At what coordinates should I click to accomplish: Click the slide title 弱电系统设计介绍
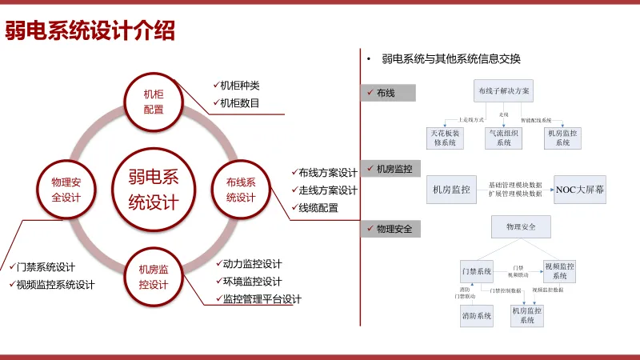point(90,31)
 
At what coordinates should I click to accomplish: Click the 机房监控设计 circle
point(153,277)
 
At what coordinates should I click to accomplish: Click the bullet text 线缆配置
point(318,208)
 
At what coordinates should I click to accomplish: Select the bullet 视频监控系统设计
point(55,285)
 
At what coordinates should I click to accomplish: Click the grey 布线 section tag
point(390,93)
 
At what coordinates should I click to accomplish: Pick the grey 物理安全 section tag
point(390,229)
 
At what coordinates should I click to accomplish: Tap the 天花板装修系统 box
point(445,137)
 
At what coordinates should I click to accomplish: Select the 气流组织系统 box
point(504,137)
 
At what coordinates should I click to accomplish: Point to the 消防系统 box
point(476,316)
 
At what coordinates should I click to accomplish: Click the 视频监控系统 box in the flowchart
point(559,270)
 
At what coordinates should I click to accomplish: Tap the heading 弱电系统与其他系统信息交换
point(451,58)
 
